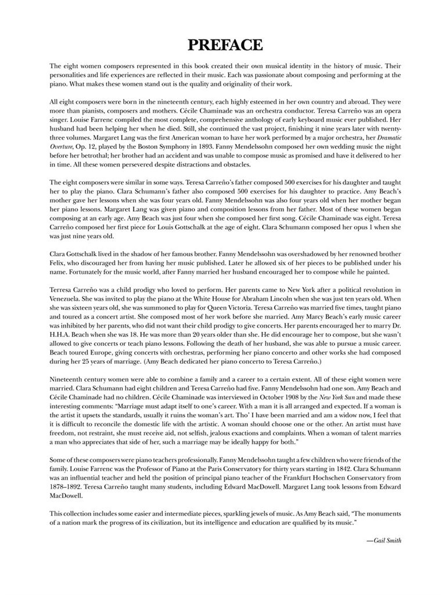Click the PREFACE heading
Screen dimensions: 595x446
click(225, 45)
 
